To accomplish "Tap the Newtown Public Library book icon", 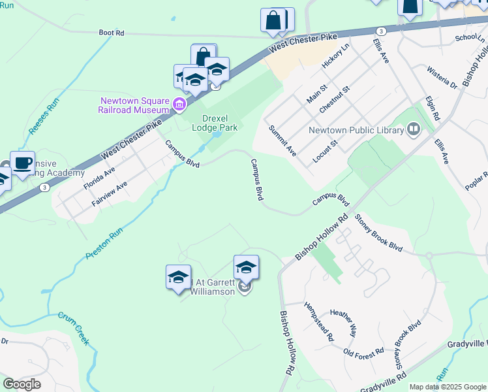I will (x=412, y=130).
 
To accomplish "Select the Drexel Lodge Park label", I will (x=215, y=123).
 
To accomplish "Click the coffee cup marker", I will (x=22, y=163).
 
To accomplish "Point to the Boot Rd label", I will (x=112, y=32).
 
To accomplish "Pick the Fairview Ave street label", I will (x=110, y=194).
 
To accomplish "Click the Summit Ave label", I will (x=283, y=140).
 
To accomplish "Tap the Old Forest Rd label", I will (x=363, y=353).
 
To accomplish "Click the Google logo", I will (x=22, y=384).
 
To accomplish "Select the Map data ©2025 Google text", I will (x=448, y=387).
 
